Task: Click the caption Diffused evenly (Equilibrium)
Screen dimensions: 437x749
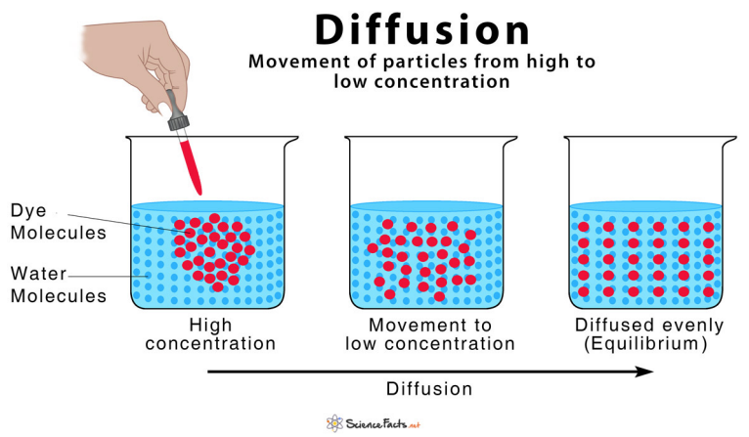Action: click(x=650, y=334)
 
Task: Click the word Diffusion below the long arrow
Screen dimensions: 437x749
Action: click(x=429, y=388)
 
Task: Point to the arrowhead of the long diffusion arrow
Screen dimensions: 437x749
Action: click(x=645, y=371)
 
